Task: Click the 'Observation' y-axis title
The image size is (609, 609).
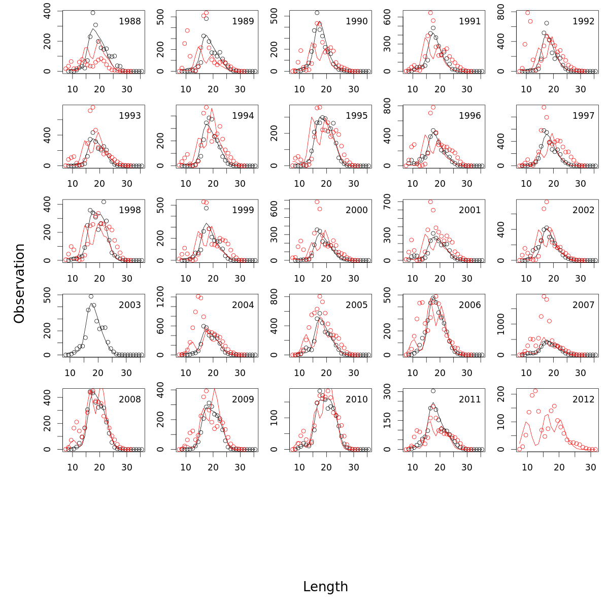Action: pyautogui.click(x=19, y=283)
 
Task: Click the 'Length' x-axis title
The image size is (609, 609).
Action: pyautogui.click(x=325, y=587)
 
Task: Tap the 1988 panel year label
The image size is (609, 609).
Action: pyautogui.click(x=129, y=21)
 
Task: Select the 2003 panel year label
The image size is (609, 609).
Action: pyautogui.click(x=129, y=305)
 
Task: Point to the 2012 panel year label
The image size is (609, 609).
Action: pyautogui.click(x=583, y=399)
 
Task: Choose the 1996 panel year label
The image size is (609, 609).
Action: pyautogui.click(x=470, y=116)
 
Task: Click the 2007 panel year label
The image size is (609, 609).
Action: pyautogui.click(x=583, y=305)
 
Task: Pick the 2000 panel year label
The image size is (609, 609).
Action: pyautogui.click(x=356, y=210)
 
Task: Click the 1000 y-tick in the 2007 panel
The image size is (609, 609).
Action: pyautogui.click(x=501, y=324)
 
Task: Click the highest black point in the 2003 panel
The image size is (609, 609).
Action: pyautogui.click(x=91, y=296)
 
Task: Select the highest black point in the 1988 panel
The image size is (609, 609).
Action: pyautogui.click(x=93, y=13)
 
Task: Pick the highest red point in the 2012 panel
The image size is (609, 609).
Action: pyautogui.click(x=535, y=391)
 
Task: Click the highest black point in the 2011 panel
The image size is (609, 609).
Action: pyautogui.click(x=433, y=391)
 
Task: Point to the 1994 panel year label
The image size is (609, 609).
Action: pyautogui.click(x=243, y=116)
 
